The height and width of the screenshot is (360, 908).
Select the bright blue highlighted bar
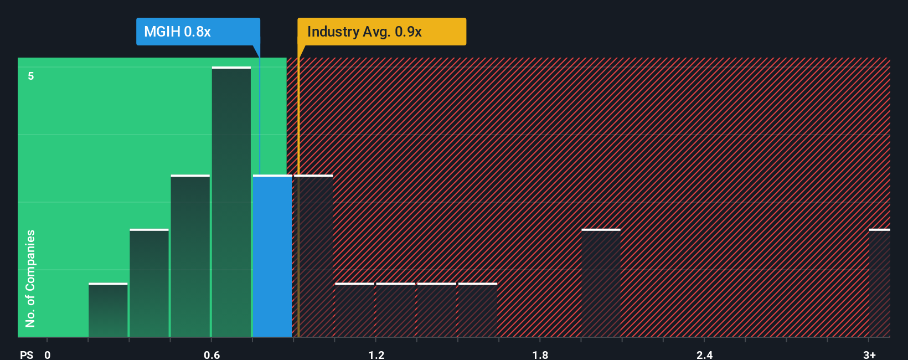point(272,256)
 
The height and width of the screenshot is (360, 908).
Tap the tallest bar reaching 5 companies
point(231,202)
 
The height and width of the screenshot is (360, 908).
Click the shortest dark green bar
point(108,310)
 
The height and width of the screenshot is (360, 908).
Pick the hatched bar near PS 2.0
point(601,283)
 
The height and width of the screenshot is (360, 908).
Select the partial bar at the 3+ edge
point(879,283)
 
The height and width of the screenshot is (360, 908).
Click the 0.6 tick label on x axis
point(211,354)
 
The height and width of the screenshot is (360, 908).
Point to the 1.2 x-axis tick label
point(376,354)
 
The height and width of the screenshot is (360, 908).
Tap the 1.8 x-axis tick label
point(540,354)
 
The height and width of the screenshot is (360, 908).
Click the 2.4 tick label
point(704,354)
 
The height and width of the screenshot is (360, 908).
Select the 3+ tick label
point(869,354)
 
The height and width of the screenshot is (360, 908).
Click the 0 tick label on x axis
point(48,354)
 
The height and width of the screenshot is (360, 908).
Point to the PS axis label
point(27,354)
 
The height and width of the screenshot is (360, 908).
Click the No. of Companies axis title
point(30,278)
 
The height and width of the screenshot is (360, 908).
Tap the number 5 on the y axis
point(31,76)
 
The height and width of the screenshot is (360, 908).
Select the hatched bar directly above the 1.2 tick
point(395,310)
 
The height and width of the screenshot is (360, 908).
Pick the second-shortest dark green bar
point(149,283)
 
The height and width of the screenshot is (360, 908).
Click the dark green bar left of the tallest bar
point(190,256)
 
